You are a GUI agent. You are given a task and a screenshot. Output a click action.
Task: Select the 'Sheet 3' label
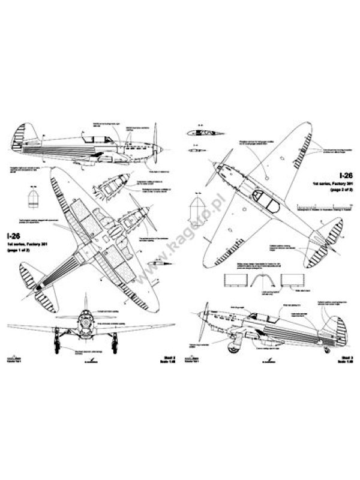point(342,355)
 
